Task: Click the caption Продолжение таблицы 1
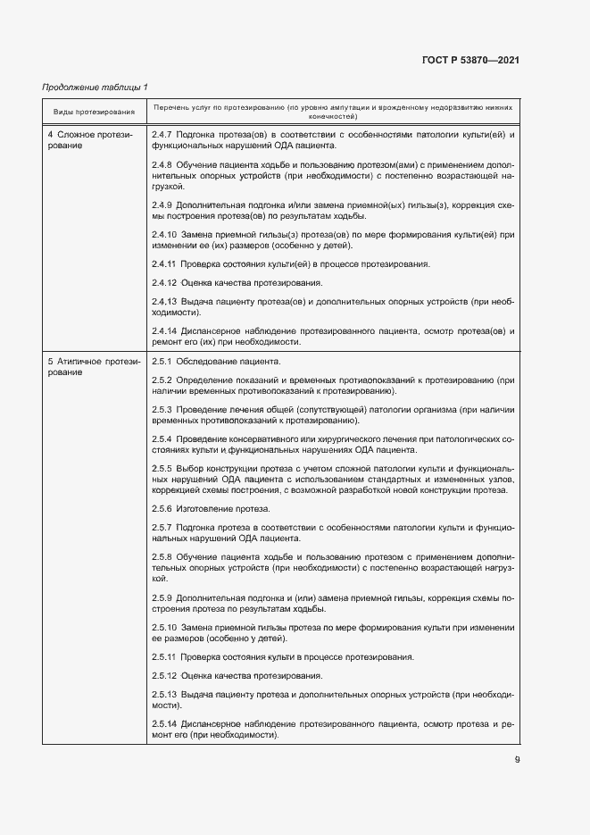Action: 96,87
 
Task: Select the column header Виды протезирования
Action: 94,112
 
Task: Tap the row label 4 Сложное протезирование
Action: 89,139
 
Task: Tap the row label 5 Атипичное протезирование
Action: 89,367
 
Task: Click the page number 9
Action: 517,760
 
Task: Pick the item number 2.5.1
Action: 162,362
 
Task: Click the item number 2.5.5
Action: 162,468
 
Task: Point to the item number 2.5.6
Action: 162,508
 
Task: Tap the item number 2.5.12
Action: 164,675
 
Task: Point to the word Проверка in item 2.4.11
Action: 203,264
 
